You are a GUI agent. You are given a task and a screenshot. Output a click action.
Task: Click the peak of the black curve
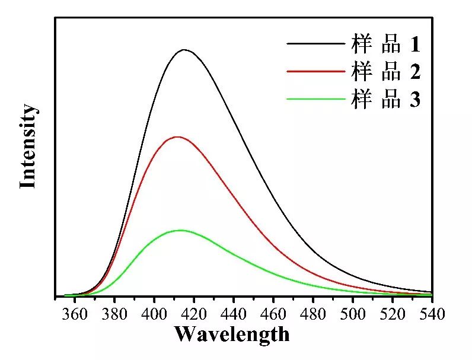(184, 50)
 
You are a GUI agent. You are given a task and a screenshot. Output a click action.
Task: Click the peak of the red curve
(177, 137)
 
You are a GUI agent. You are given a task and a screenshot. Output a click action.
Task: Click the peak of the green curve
(180, 230)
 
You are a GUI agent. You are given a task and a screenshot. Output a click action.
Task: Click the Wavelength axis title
(232, 335)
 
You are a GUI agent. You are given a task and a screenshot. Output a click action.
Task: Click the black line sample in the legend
(315, 43)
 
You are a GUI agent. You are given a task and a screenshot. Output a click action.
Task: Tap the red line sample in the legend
(315, 71)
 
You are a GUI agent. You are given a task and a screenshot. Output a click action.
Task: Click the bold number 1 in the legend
(414, 44)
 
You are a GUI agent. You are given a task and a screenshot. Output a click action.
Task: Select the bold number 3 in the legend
(414, 100)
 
